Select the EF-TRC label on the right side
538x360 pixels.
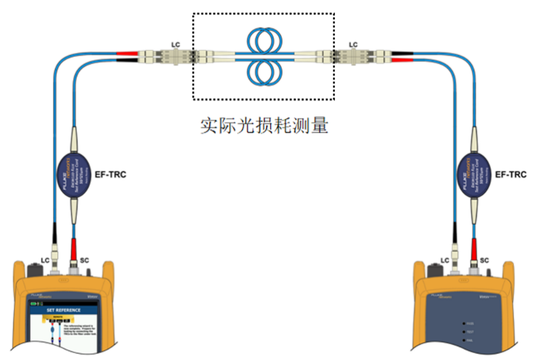tap(509, 174)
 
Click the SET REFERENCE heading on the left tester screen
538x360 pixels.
tap(63, 310)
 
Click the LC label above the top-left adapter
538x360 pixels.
tap(176, 44)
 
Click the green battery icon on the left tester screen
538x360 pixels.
tap(34, 303)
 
